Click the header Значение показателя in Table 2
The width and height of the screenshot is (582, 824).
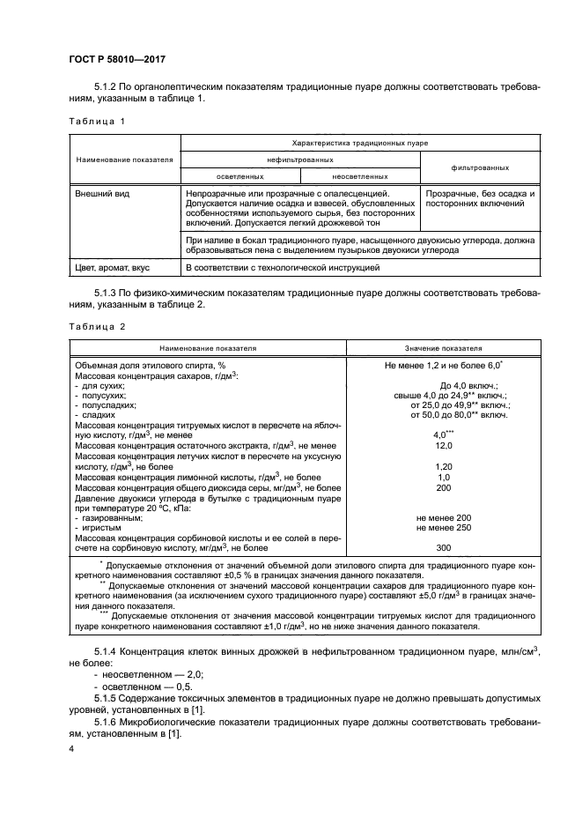pyautogui.click(x=455, y=348)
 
